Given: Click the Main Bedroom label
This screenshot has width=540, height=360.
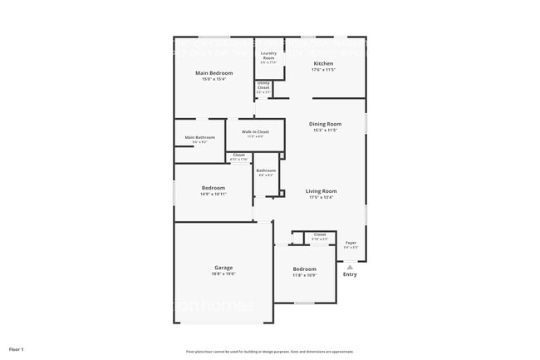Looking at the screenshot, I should tap(214, 73).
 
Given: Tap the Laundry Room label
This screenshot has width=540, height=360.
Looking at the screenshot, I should tap(268, 55).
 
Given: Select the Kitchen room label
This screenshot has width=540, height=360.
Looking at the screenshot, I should tap(323, 64).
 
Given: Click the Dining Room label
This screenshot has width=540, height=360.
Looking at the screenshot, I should tap(326, 124).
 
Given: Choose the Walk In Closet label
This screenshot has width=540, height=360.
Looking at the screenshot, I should tap(255, 131).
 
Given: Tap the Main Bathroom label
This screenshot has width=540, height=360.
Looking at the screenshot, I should tap(199, 137).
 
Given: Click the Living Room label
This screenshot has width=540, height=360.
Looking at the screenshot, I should tap(321, 191).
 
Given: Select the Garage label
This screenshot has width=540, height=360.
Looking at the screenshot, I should tap(223, 268).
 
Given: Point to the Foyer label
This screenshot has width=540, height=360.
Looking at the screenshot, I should tap(351, 243).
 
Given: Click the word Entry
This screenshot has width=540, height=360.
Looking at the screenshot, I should tap(350, 274).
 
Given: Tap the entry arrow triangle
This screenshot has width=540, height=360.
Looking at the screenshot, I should tap(350, 266).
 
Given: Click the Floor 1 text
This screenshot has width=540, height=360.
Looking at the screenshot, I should tap(17, 349).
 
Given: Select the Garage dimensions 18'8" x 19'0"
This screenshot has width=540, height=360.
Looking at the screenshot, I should tap(223, 274).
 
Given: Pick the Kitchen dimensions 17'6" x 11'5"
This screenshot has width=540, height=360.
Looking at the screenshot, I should tap(323, 71).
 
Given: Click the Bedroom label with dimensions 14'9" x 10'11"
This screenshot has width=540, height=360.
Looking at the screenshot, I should tap(214, 188).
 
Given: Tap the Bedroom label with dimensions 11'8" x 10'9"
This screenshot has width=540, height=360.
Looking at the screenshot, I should tap(304, 269).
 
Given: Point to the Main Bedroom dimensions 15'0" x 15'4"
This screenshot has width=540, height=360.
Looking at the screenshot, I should tap(214, 79).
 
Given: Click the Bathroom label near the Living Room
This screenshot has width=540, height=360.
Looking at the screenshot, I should tap(266, 170).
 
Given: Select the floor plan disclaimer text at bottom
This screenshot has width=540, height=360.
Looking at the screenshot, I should tap(269, 352).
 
